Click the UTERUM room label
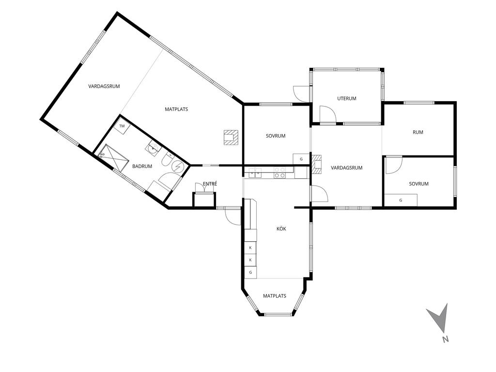coord(347,98)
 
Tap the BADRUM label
coord(142,166)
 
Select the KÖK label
coord(281,229)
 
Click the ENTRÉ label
coord(210,184)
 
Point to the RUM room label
coord(418,132)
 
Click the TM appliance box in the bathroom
coord(122,126)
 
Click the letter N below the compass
coord(446,340)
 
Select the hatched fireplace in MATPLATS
coord(231,138)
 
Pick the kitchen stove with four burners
coord(279,172)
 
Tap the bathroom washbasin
coord(153,147)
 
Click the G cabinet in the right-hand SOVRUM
coord(401,200)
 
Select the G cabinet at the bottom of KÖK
coord(250,272)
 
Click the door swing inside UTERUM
coord(327,114)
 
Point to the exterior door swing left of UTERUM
coord(301,93)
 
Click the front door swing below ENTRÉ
coord(233,216)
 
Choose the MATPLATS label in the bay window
coord(275,296)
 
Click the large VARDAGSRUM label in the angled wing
coord(104,86)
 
